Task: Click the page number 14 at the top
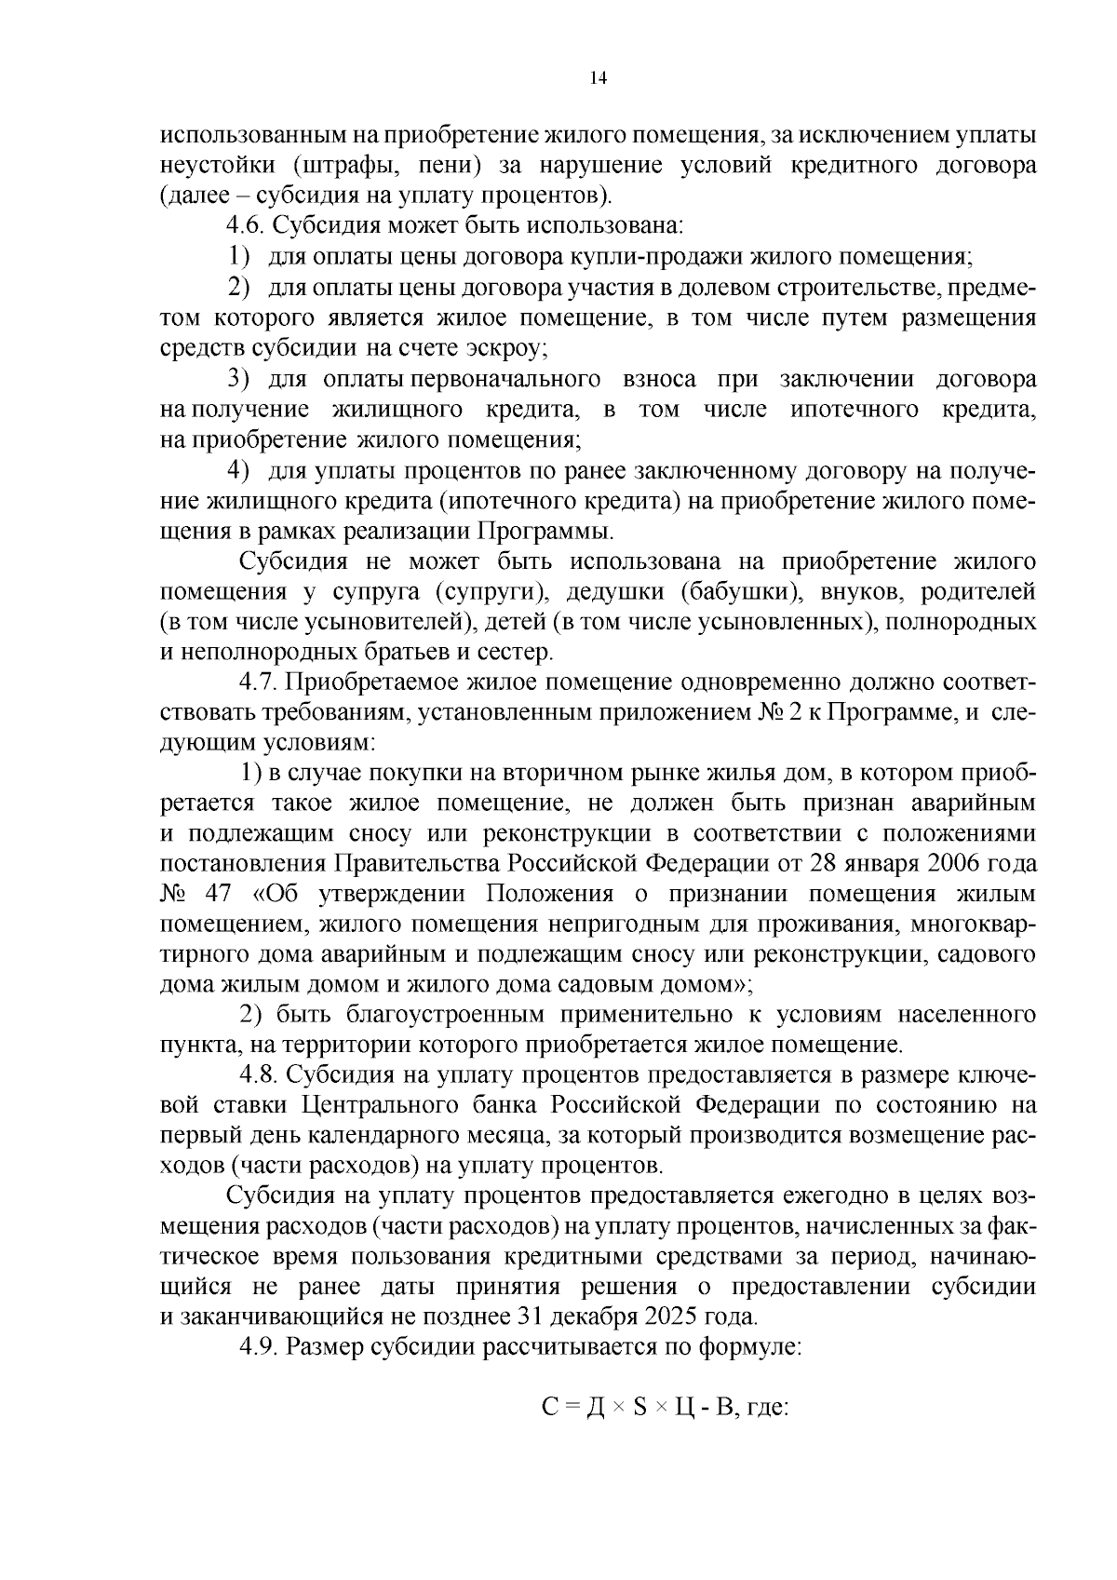pos(599,79)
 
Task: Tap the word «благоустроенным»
pos(410,1014)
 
